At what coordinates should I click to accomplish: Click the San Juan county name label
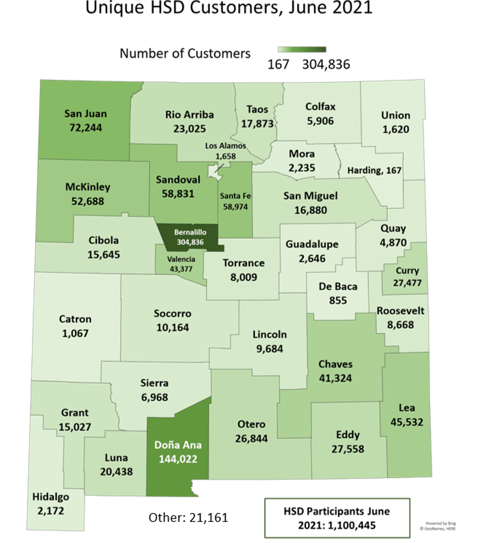pos(85,113)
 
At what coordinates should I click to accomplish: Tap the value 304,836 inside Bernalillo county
pos(190,242)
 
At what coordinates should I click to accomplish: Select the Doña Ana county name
pos(178,445)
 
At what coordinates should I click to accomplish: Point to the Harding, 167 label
pos(374,171)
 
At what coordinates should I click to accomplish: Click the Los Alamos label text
pos(225,146)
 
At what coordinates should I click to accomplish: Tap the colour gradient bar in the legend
pos(302,50)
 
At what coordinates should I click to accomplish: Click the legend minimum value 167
pos(278,65)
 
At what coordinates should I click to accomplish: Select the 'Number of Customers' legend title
pos(185,53)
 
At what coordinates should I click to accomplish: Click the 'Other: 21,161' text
pos(188,517)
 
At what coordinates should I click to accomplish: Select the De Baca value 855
pos(338,300)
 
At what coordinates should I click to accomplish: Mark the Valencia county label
pos(181,259)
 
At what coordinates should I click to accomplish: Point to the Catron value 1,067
pos(75,333)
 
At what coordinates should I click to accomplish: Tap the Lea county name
pos(407,408)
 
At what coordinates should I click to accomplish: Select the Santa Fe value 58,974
pos(236,207)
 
